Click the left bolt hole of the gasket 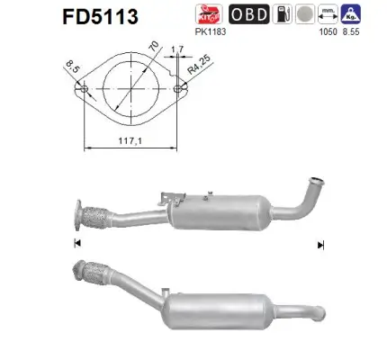point(84,90)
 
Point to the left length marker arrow point(77,243)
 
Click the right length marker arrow point(319,243)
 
